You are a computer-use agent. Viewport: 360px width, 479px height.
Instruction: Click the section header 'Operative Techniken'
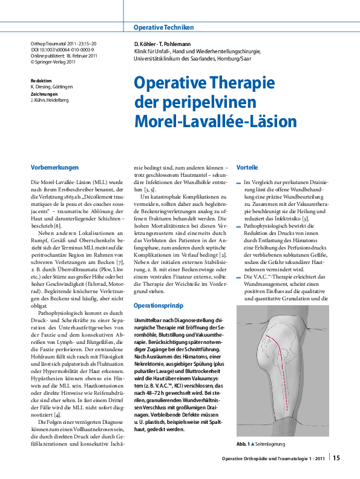163,27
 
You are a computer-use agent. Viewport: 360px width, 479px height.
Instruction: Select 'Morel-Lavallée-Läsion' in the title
215,121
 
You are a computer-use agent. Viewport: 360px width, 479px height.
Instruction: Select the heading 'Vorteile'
247,167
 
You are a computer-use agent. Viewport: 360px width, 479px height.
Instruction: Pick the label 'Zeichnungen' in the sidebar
44,94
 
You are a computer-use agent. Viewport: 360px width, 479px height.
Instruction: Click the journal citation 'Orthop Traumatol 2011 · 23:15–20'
64,44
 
